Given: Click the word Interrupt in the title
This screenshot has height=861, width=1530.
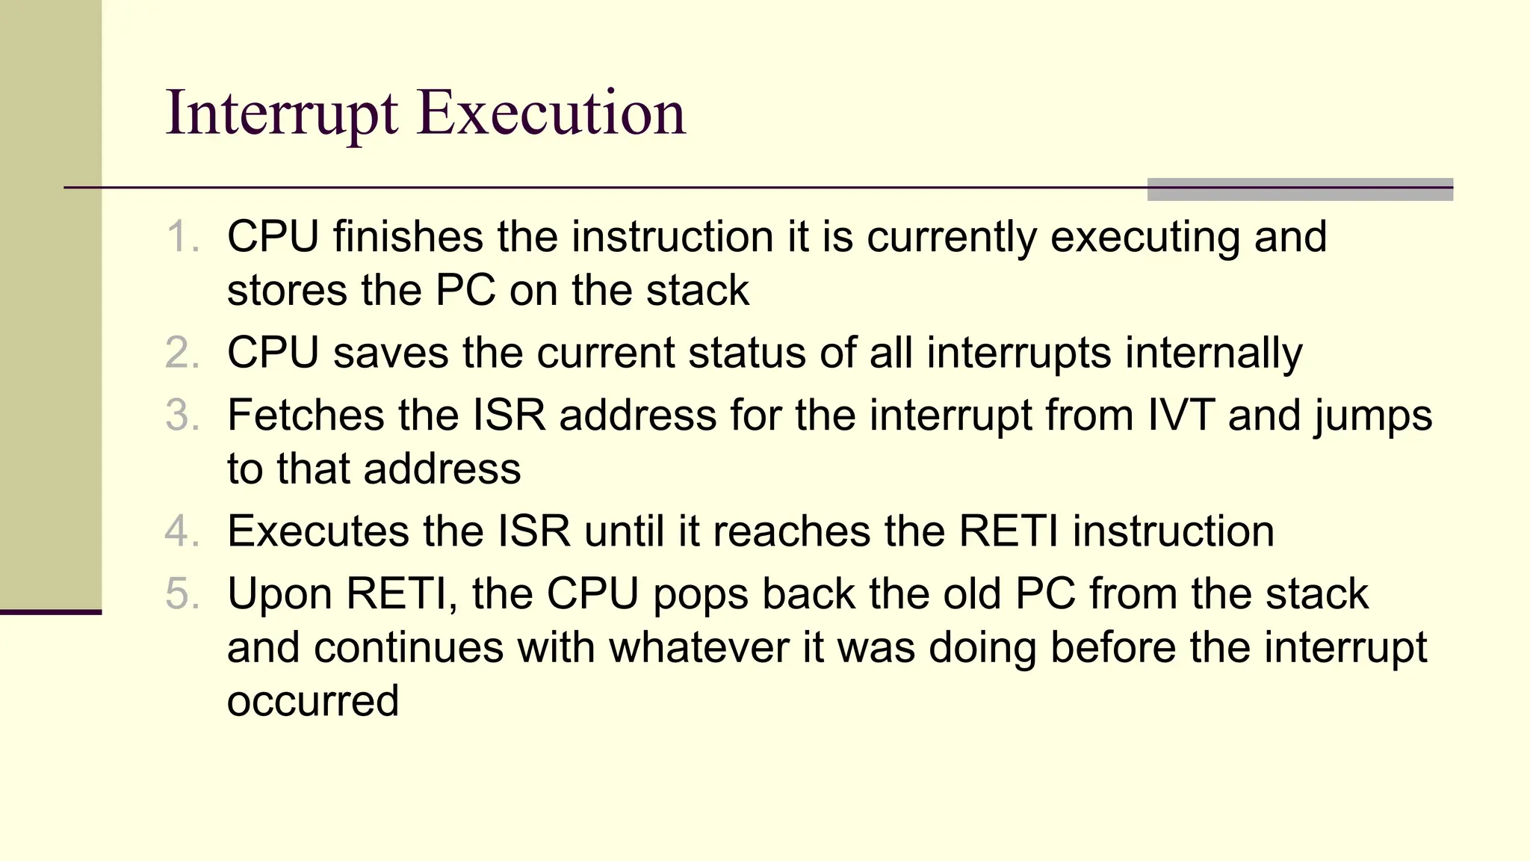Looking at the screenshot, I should (282, 114).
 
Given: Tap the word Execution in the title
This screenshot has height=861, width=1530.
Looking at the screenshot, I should (551, 114).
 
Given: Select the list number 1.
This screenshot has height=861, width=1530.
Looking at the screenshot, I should (181, 237).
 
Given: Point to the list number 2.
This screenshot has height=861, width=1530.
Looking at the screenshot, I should (182, 353).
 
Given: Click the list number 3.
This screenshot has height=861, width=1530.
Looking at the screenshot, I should (182, 416).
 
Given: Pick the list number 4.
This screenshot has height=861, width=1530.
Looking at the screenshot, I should (182, 531).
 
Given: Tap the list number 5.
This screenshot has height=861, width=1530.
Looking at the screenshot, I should (182, 594).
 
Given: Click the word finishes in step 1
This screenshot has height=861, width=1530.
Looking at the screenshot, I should (408, 237).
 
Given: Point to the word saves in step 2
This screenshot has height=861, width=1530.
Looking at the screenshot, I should (390, 353).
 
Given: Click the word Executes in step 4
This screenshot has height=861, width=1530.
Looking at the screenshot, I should (318, 531).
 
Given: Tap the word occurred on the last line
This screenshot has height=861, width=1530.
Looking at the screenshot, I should (312, 701).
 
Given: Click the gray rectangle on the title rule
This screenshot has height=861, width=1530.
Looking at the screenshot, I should (1300, 189).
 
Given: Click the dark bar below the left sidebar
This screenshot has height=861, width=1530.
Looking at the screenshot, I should (51, 612).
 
